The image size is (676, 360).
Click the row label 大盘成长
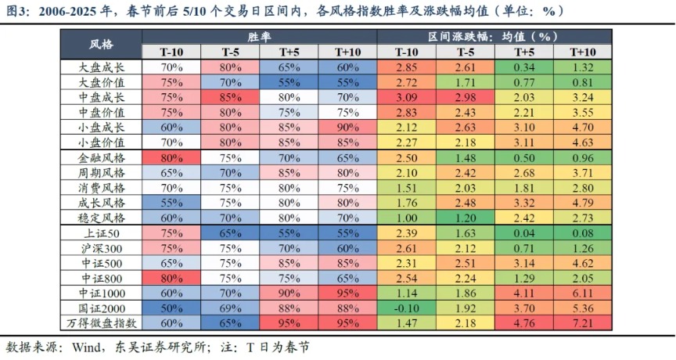[102, 67]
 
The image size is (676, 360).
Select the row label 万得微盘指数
[102, 322]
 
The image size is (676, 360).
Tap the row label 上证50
[102, 233]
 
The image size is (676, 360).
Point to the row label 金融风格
[102, 158]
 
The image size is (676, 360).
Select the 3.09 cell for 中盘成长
[406, 98]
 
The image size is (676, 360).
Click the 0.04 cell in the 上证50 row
[525, 233]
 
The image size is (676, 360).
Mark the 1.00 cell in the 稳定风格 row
[406, 218]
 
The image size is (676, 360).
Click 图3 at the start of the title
[18, 11]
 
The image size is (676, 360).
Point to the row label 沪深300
[102, 248]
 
